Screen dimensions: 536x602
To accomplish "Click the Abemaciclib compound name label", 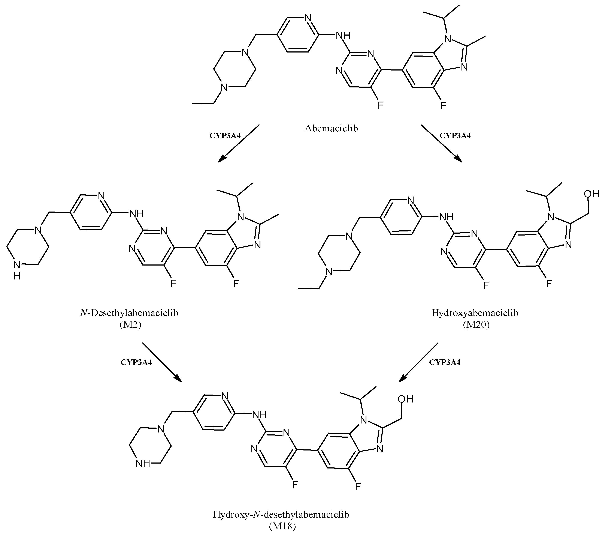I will coord(331,128).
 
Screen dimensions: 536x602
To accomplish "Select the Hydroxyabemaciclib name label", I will coord(475,313).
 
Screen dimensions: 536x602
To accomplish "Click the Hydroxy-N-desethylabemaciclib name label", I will coord(281,515).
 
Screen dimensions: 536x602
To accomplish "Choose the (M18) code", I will coord(282,526).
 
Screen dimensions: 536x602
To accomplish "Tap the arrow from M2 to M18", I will coord(162,362).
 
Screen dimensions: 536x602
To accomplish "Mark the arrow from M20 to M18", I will coord(418,362).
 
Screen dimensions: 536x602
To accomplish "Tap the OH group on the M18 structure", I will coord(406,399).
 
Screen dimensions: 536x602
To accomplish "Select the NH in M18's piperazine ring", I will coord(143,464).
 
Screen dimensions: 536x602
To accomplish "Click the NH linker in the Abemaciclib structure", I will coord(343,36).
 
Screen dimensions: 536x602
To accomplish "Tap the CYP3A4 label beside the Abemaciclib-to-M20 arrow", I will coord(455,135).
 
